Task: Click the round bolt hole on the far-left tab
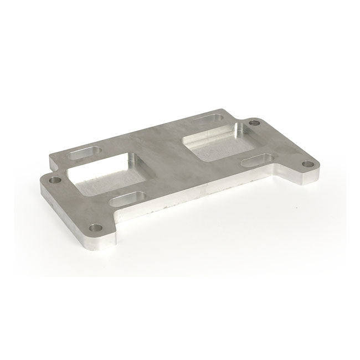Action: [x=54, y=180]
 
